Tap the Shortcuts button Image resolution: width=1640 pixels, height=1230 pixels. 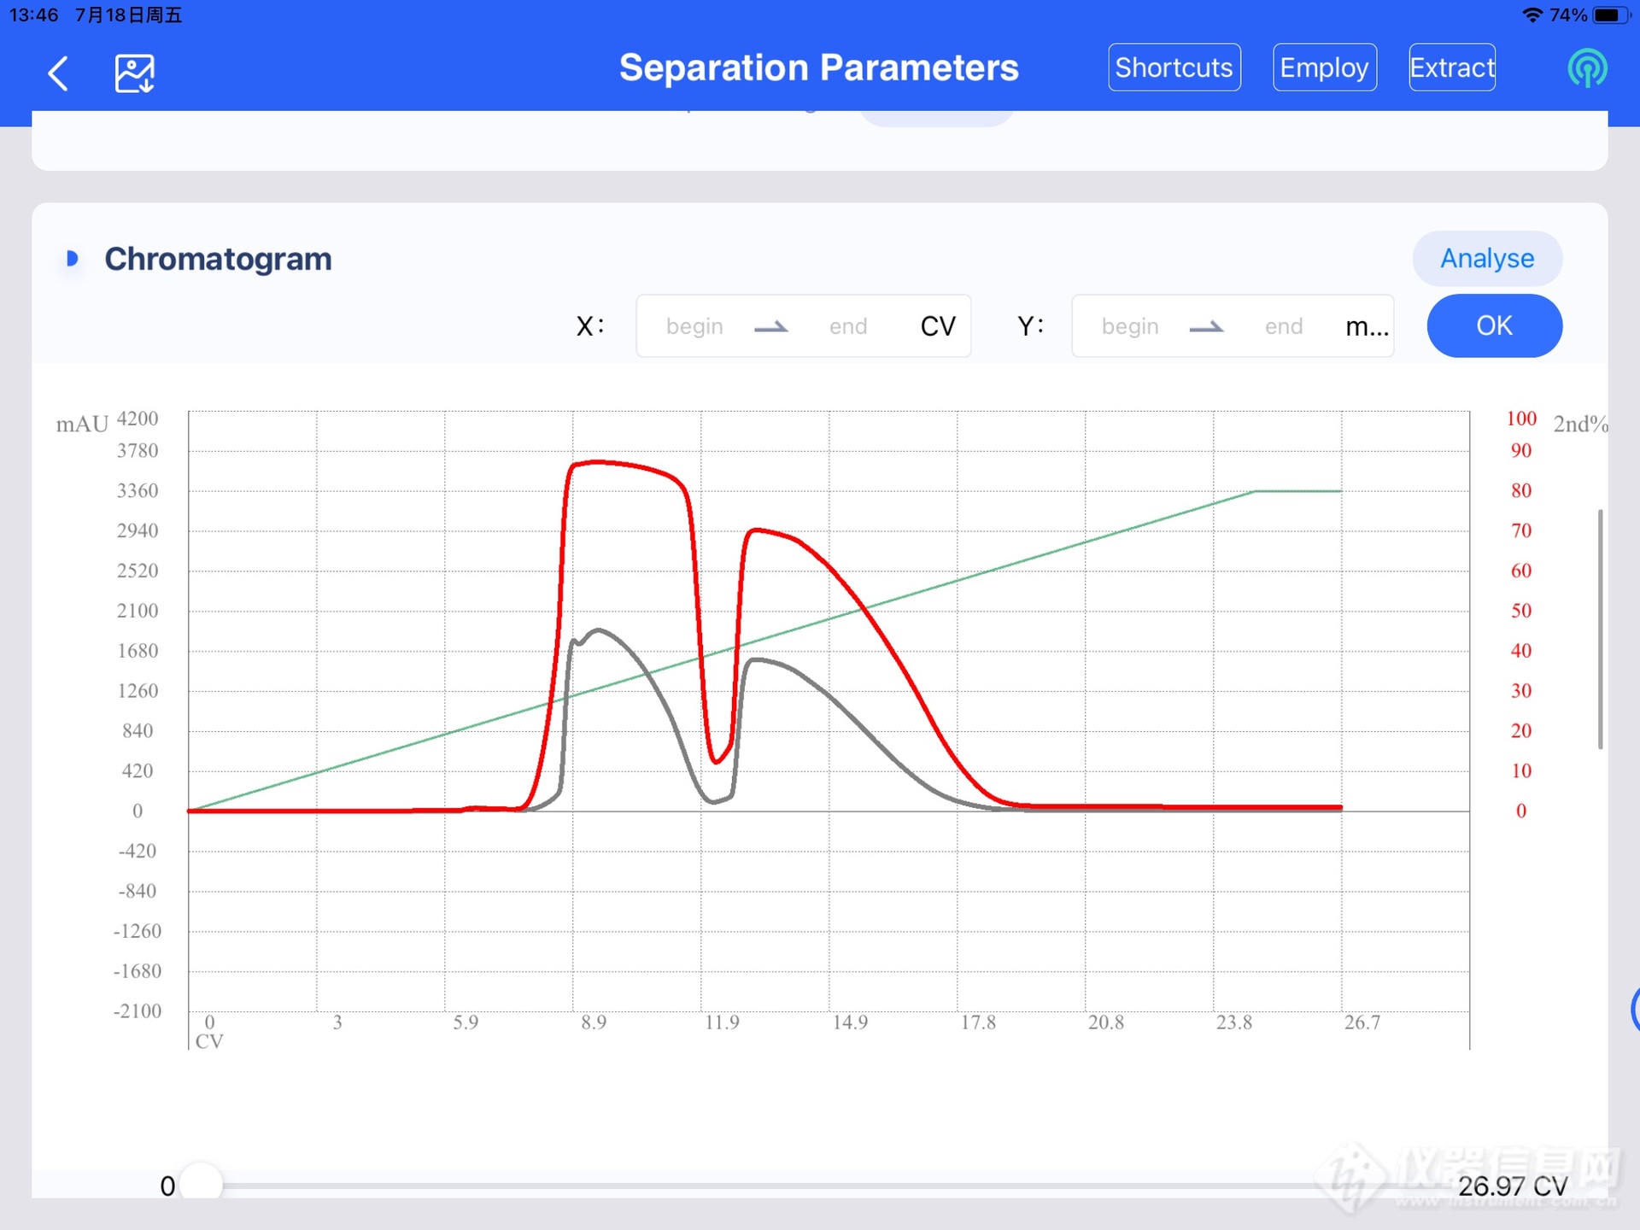(1174, 67)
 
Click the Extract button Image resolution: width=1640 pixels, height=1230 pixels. (1451, 67)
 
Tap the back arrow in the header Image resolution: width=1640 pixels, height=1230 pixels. (58, 73)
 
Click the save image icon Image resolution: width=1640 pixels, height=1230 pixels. (134, 73)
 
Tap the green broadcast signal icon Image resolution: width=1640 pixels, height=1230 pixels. (1587, 68)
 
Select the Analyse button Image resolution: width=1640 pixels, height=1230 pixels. (1486, 258)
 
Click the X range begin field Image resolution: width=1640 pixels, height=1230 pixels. (694, 326)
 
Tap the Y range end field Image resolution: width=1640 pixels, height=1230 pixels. (1283, 326)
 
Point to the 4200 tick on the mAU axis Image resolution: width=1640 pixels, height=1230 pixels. (138, 419)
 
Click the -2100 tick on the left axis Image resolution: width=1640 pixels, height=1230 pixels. (138, 1011)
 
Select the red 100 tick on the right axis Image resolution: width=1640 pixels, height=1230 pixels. (1520, 419)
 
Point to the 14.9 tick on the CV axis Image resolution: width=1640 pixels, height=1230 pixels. (850, 1022)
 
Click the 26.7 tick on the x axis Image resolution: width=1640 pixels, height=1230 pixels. (1362, 1022)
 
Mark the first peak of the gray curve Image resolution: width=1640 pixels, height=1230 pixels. (599, 630)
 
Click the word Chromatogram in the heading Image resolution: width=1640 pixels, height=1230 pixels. (218, 259)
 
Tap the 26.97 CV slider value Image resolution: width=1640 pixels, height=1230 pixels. (1512, 1186)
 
